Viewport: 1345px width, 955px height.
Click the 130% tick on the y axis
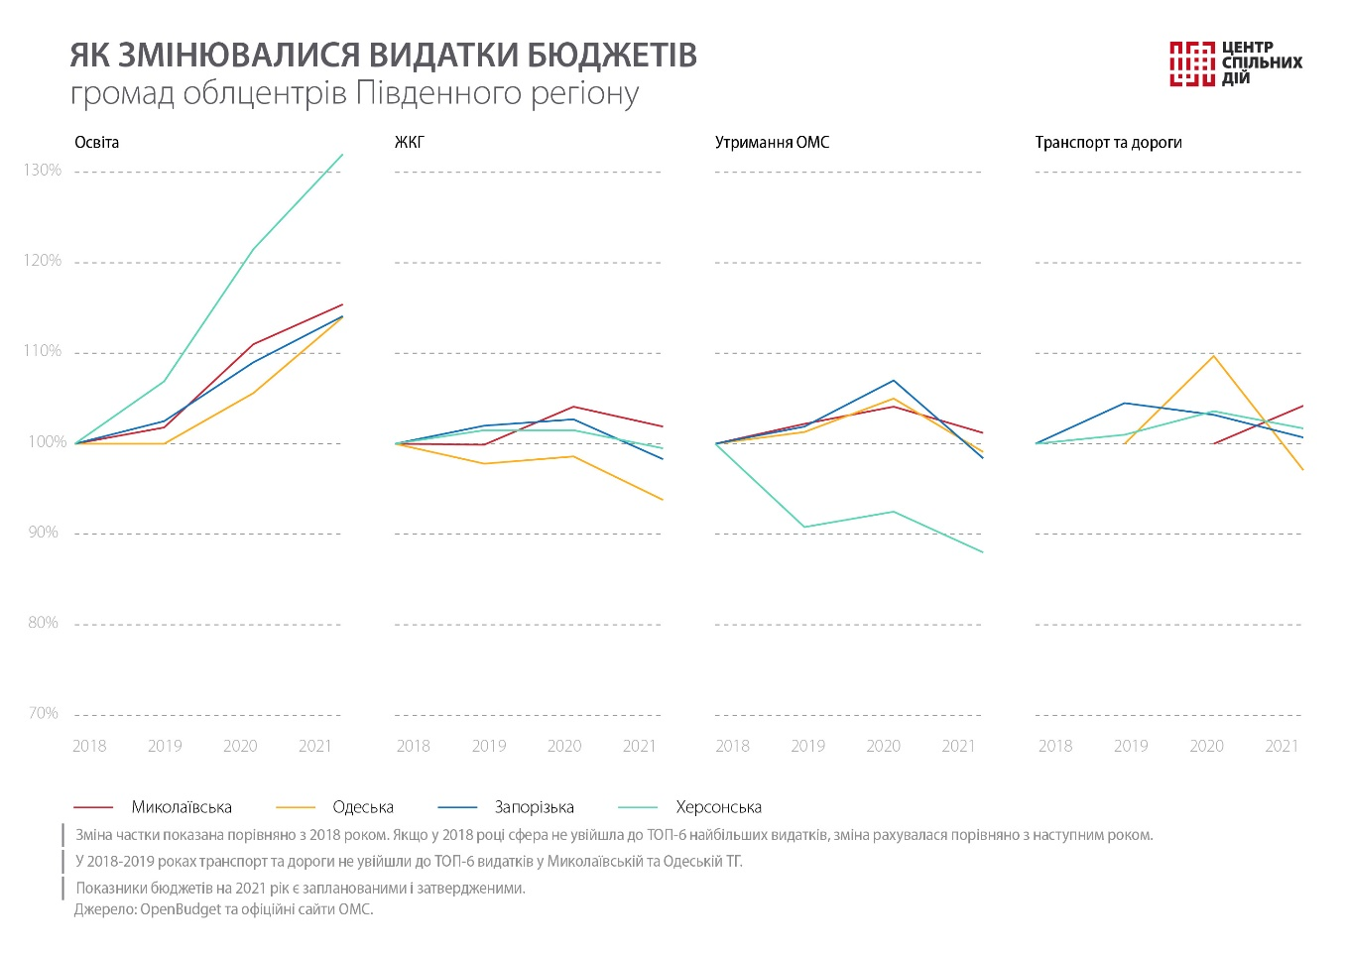(42, 171)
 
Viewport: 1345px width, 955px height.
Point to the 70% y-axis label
(42, 713)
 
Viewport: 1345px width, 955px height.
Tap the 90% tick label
(42, 533)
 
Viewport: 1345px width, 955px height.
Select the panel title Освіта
(96, 143)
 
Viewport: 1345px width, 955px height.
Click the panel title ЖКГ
(409, 143)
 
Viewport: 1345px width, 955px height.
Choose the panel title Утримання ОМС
(772, 143)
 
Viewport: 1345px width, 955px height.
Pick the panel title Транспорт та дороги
(1108, 143)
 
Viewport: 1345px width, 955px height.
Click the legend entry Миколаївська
(182, 807)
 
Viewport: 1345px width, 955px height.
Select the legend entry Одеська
(363, 807)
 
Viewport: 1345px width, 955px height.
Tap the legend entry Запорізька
(534, 807)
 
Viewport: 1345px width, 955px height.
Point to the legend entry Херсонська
(718, 807)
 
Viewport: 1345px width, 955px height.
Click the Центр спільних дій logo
(1235, 63)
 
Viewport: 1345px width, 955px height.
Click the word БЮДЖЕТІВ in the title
(612, 56)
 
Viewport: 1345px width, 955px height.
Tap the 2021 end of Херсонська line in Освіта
(342, 155)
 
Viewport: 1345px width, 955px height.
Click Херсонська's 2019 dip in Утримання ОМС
(803, 527)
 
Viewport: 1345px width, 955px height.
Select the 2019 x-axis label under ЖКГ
(489, 746)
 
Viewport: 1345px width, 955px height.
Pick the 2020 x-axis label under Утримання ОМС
(883, 746)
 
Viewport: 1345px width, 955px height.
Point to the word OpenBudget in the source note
(181, 909)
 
